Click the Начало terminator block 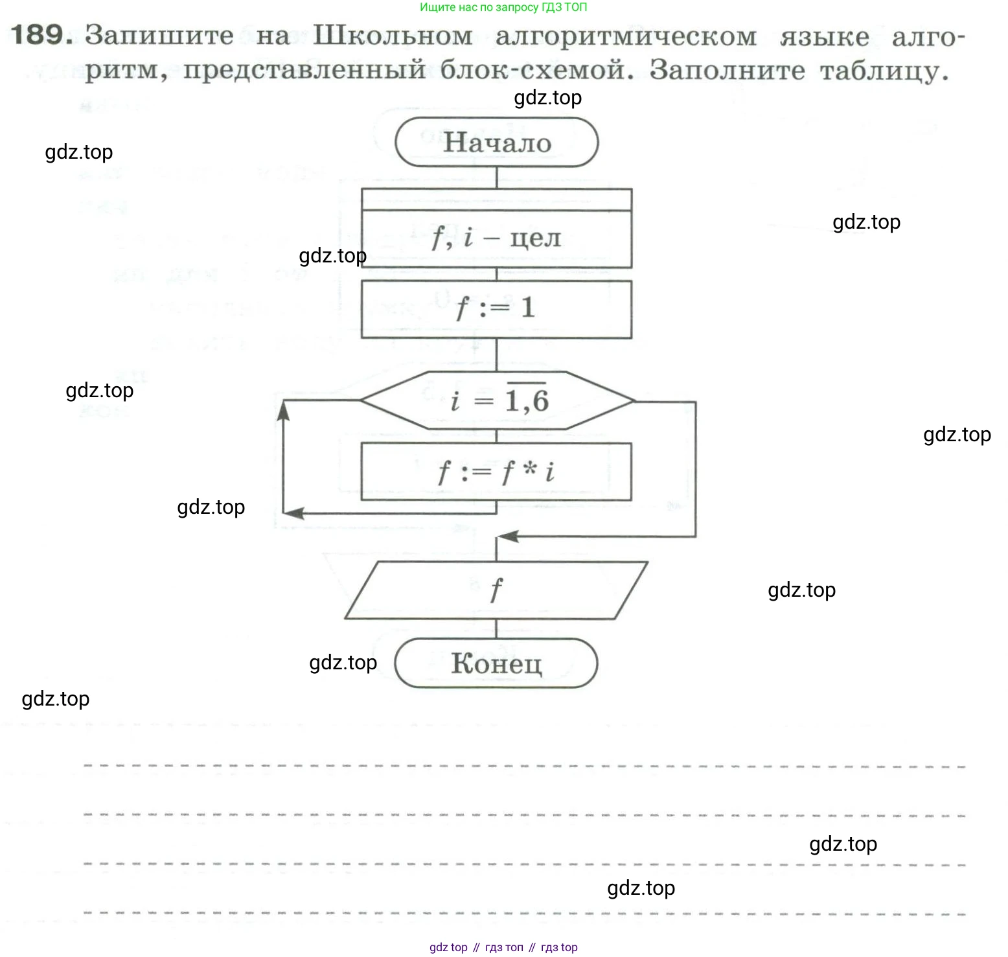pyautogui.click(x=496, y=143)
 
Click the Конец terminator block pyautogui.click(x=496, y=663)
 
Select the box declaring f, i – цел pyautogui.click(x=496, y=238)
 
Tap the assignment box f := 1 pyautogui.click(x=496, y=308)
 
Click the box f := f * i pyautogui.click(x=496, y=472)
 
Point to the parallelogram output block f pyautogui.click(x=496, y=590)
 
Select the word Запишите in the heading pyautogui.click(x=159, y=36)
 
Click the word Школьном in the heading pyautogui.click(x=393, y=36)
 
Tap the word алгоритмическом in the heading pyautogui.click(x=626, y=37)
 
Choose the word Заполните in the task pyautogui.click(x=727, y=70)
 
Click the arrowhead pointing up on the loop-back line pyautogui.click(x=283, y=409)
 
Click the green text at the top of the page pyautogui.click(x=503, y=8)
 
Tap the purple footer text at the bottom pyautogui.click(x=503, y=947)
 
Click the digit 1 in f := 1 pyautogui.click(x=528, y=307)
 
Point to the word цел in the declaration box pyautogui.click(x=535, y=238)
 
